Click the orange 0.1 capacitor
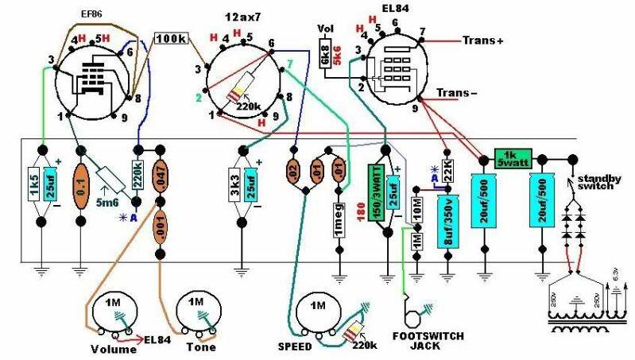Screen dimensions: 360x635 (x=80, y=188)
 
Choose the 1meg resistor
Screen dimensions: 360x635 (x=337, y=215)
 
